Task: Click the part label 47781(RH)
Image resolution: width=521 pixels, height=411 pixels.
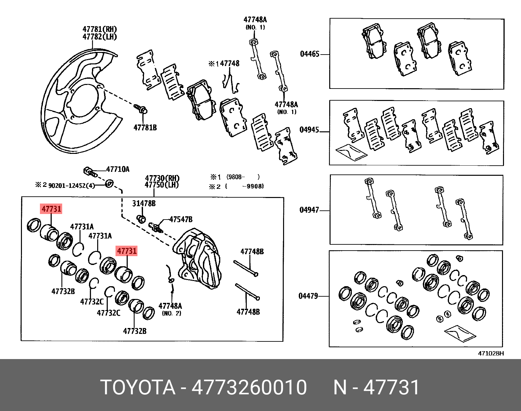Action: [x=99, y=29]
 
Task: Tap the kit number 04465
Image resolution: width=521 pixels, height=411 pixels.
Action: [x=310, y=54]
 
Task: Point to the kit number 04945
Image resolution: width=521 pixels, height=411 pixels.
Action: [x=309, y=130]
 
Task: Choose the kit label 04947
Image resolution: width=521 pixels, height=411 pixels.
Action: [x=309, y=210]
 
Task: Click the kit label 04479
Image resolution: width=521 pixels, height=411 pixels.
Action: [x=308, y=296]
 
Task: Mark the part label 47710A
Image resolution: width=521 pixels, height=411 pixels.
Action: [x=118, y=169]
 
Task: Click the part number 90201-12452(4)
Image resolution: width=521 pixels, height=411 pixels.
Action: [x=72, y=186]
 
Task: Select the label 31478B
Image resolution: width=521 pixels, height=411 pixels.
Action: [x=144, y=204]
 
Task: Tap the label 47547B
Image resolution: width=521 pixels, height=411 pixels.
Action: [x=181, y=219]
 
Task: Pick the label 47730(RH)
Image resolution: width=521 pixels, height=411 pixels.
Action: [x=162, y=178]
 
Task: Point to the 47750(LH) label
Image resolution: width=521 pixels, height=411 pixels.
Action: [x=162, y=185]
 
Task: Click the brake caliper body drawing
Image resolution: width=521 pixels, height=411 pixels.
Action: [x=198, y=258]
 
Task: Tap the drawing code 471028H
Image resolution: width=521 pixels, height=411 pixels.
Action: [x=491, y=353]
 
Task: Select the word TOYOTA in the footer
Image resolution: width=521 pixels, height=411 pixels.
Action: [x=138, y=387]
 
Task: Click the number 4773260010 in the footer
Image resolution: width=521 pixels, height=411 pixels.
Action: [x=249, y=387]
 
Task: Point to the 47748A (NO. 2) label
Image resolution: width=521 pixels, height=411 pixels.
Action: [x=171, y=309]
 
